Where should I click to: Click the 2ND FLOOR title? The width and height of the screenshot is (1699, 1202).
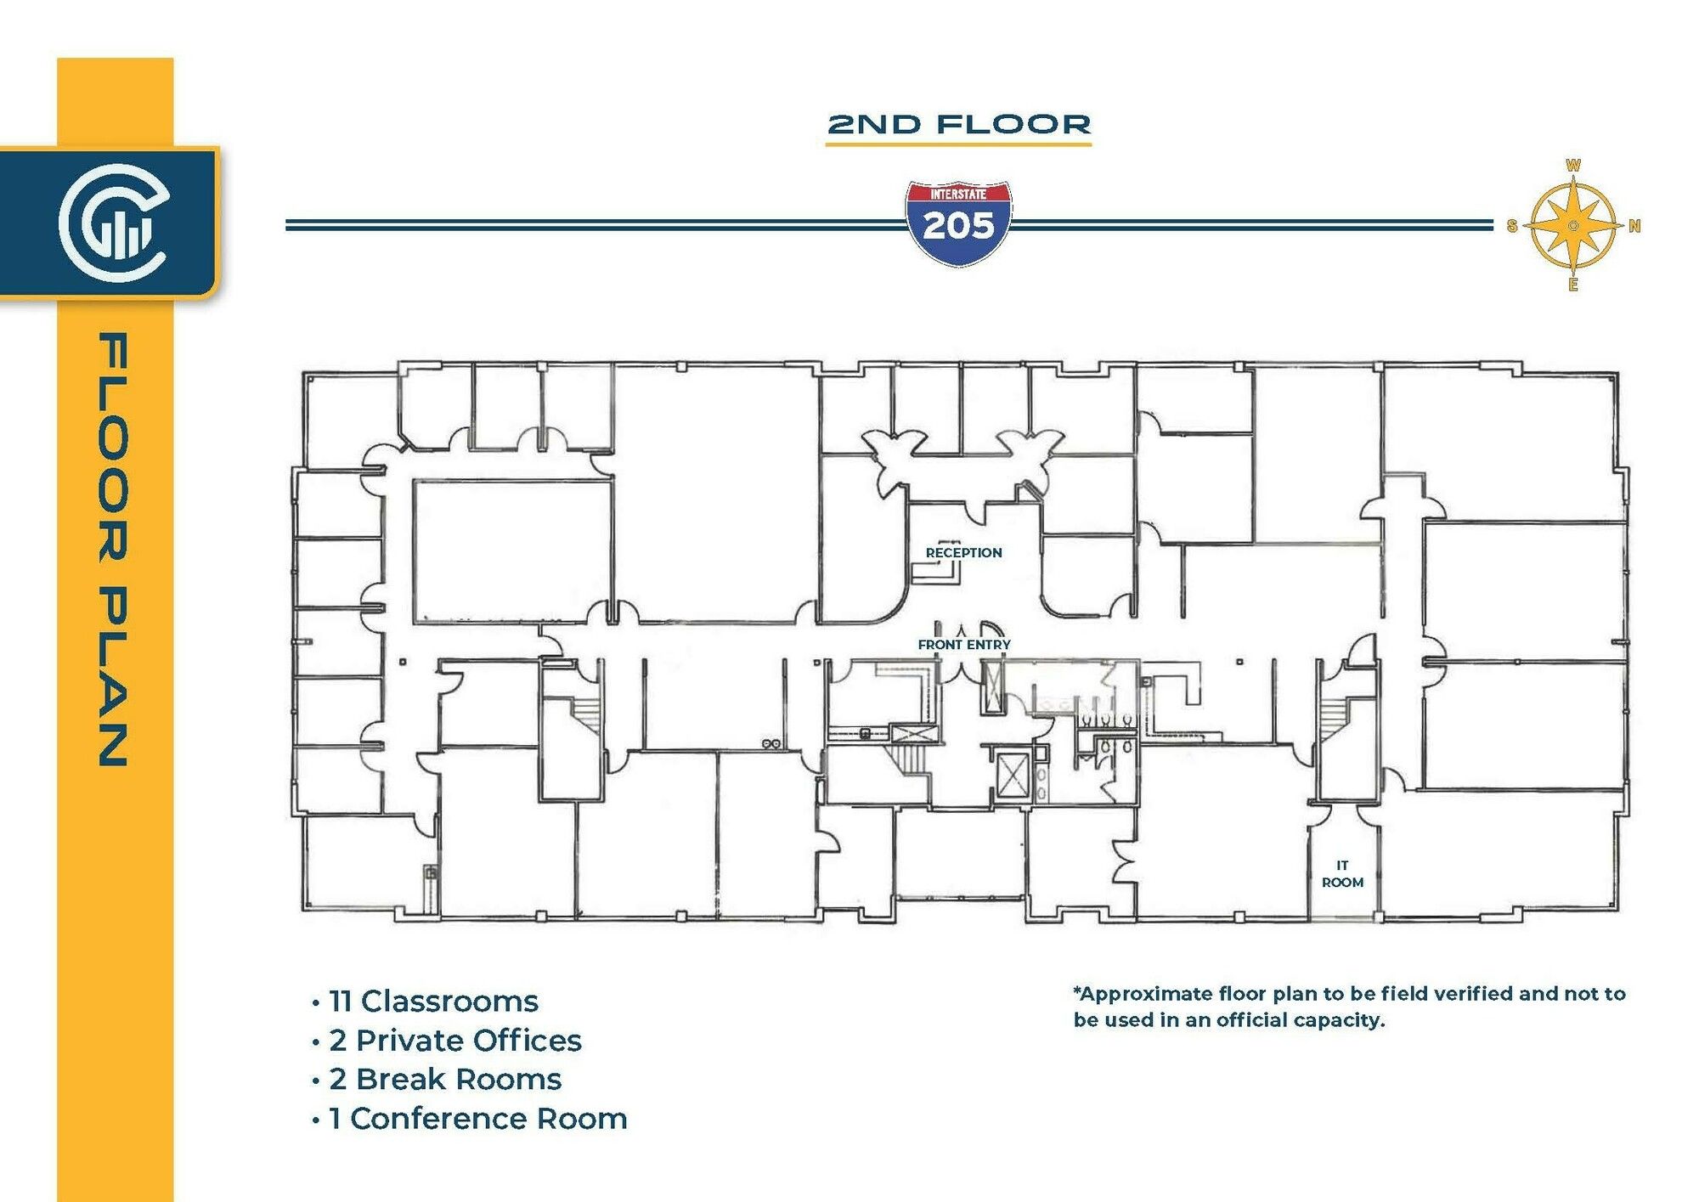959,125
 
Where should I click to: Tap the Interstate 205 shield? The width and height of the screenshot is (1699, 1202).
958,223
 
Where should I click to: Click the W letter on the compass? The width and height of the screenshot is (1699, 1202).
1573,166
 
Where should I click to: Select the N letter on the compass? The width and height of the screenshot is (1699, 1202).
1634,226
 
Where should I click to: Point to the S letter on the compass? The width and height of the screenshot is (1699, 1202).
1512,226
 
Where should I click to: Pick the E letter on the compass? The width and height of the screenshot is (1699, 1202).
1573,285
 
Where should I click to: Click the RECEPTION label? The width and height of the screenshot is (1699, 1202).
964,553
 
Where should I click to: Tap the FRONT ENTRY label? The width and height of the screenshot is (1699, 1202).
964,645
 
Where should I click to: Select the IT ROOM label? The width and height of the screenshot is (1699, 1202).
1342,874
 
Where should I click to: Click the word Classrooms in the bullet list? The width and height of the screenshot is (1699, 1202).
449,1002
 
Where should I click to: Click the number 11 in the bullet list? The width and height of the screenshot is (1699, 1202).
340,1002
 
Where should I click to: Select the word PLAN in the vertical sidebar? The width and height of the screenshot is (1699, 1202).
114,677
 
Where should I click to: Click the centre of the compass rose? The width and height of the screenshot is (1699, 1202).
1573,226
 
